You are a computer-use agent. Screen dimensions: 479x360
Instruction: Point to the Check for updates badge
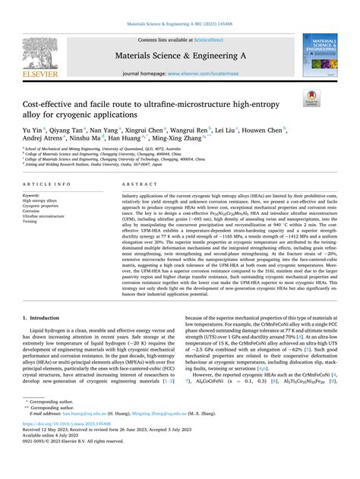click(311, 97)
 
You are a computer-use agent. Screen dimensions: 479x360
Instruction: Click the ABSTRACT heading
click(134, 185)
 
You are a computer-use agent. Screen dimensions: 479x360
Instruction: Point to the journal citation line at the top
click(179, 10)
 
